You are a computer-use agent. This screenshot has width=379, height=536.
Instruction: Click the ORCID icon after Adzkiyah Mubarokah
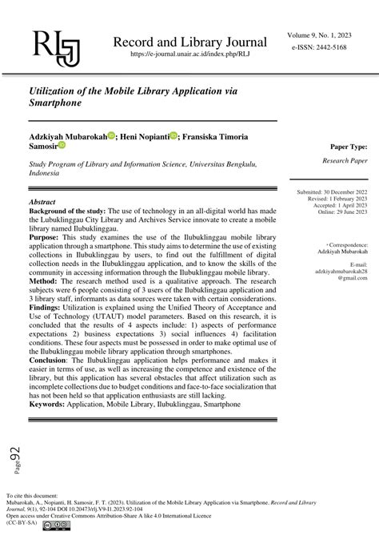[111, 137]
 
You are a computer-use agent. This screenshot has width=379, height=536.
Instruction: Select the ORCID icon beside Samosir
[62, 147]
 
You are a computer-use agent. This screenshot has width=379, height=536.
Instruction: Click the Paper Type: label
[349, 147]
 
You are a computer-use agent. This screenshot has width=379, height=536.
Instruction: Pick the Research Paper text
[345, 160]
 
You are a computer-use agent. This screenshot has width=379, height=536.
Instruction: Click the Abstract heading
[42, 203]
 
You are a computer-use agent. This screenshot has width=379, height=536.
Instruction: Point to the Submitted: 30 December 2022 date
[332, 193]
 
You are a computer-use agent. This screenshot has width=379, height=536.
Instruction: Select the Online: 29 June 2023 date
[341, 212]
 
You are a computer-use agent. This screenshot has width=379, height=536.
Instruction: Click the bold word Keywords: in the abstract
[50, 405]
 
